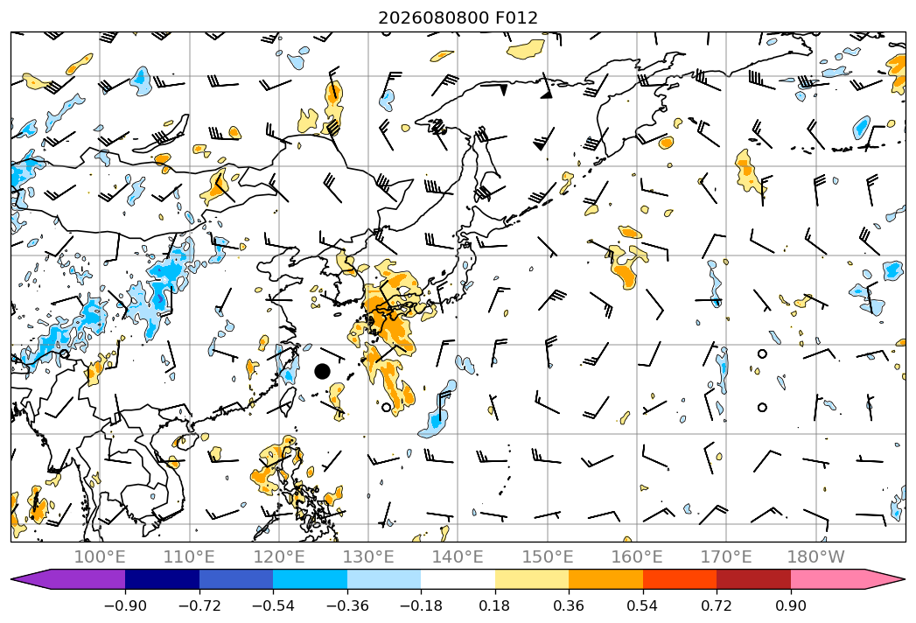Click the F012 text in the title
pyautogui.click(x=516, y=17)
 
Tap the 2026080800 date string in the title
pyautogui.click(x=433, y=17)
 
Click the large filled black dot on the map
pyautogui.click(x=322, y=371)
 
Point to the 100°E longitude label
pyautogui.click(x=100, y=556)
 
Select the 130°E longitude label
pyautogui.click(x=368, y=556)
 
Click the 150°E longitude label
pyautogui.click(x=548, y=556)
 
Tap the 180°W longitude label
pyautogui.click(x=815, y=556)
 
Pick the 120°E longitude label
pyautogui.click(x=279, y=556)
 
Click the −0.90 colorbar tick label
pyautogui.click(x=125, y=605)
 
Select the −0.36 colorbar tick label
pyautogui.click(x=347, y=605)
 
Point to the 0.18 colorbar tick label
pyautogui.click(x=495, y=605)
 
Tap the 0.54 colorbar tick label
pyautogui.click(x=643, y=605)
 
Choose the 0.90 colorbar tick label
pyautogui.click(x=790, y=605)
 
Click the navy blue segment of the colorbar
pyautogui.click(x=163, y=578)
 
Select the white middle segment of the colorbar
pyautogui.click(x=458, y=578)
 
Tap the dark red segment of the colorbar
pyautogui.click(x=753, y=578)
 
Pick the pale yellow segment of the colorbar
pyautogui.click(x=532, y=578)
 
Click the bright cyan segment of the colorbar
pyautogui.click(x=311, y=578)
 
